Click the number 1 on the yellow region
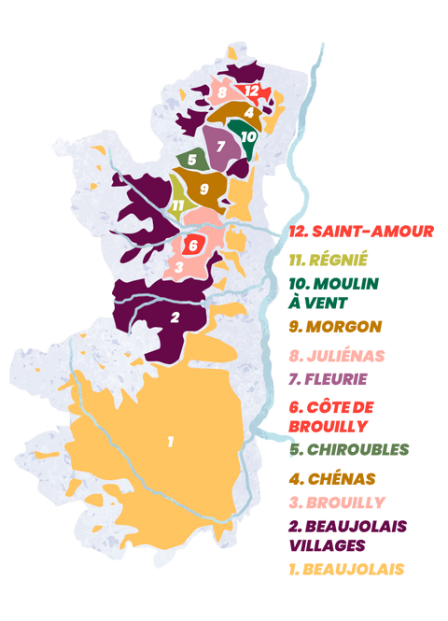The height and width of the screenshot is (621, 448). coord(171,441)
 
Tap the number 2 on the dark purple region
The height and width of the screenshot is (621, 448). coord(175,318)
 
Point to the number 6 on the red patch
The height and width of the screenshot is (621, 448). coord(193,246)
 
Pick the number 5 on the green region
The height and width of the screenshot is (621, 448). coord(191,160)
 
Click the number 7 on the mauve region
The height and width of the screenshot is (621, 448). coord(221,146)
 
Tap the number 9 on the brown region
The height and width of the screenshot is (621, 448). coord(203,189)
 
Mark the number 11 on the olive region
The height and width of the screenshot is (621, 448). coord(177,205)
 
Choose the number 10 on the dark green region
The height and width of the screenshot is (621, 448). coord(247,135)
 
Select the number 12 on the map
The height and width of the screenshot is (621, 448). coord(252,91)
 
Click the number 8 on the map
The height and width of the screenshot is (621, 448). coord(222,92)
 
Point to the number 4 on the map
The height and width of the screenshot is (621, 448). coord(248,112)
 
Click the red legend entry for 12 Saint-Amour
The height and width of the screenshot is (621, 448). coord(363,231)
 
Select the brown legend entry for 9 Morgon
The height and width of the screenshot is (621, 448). coord(337,327)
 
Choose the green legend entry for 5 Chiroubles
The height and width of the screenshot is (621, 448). coord(349,449)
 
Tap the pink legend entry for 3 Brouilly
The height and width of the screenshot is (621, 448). coord(336,501)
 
